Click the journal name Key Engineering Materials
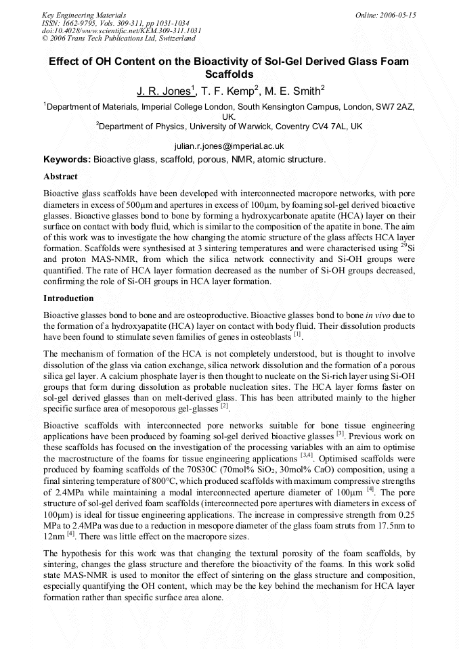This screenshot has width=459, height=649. [83, 15]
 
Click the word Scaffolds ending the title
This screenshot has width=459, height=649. [229, 74]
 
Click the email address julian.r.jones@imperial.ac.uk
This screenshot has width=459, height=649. [229, 146]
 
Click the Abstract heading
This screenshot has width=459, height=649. [60, 176]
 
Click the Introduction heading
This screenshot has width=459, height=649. [68, 298]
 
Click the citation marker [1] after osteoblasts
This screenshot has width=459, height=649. [297, 334]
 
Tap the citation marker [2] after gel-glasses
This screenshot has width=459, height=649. [223, 406]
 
